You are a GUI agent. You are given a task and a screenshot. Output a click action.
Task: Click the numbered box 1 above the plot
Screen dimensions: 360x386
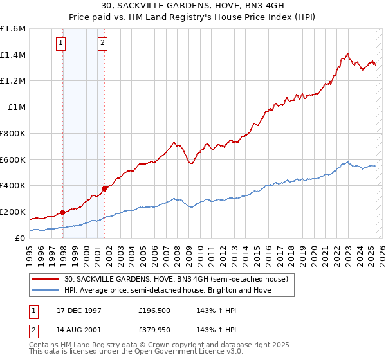(x=61, y=44)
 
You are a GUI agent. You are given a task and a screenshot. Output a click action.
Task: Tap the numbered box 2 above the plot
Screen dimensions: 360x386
(x=102, y=44)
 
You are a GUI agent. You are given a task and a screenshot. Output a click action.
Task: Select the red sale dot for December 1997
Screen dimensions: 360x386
(x=62, y=212)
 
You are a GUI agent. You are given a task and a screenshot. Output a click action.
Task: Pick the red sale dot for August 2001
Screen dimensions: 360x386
(x=104, y=188)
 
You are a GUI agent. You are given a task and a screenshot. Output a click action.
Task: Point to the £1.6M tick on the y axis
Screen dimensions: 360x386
(x=13, y=29)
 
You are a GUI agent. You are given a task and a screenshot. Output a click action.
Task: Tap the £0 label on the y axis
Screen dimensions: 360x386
(x=21, y=238)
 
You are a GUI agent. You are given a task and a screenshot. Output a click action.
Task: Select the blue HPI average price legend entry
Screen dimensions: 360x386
(x=168, y=290)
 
